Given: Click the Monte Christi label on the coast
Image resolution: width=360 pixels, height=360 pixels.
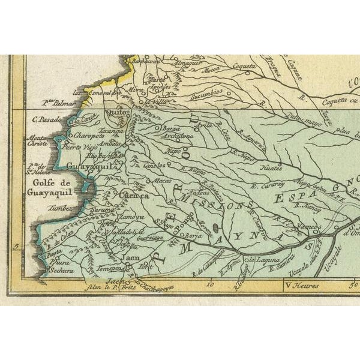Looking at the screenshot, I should [40, 142].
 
